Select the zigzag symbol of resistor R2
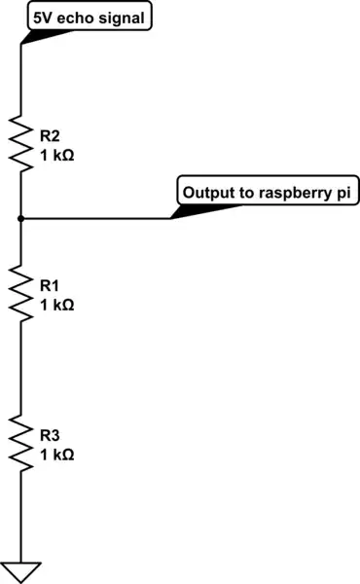point(20,141)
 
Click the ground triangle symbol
point(20,572)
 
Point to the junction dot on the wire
point(20,218)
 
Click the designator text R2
point(50,134)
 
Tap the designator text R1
point(50,285)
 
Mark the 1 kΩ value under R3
point(56,454)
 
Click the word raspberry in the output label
point(296,193)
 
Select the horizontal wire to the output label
point(97,218)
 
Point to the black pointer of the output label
point(190,210)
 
